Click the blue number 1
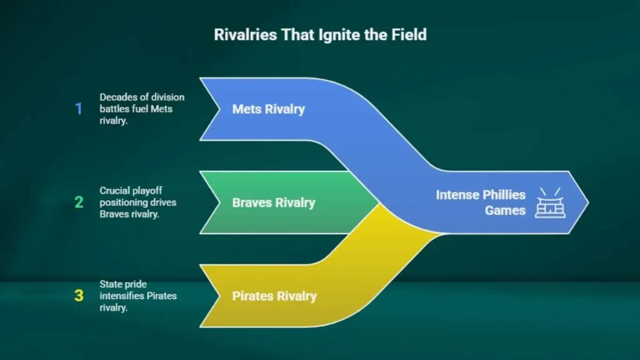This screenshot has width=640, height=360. tap(79, 109)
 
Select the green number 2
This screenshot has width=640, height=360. tap(79, 202)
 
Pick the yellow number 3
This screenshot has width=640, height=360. tap(79, 296)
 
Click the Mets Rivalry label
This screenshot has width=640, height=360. tap(269, 109)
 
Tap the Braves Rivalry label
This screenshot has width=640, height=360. tap(274, 203)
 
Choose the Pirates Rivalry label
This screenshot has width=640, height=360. tap(274, 296)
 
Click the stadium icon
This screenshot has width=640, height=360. tap(550, 203)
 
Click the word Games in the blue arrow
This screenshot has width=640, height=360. tap(505, 211)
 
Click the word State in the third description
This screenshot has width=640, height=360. tap(111, 284)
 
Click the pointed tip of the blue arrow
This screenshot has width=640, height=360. tap(588, 202)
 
